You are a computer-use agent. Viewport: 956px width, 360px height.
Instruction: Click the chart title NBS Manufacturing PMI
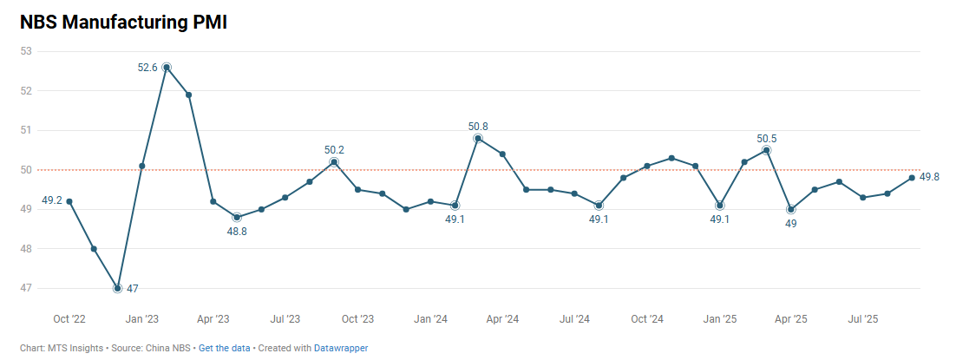(123, 23)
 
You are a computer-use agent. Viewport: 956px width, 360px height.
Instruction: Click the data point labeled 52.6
(167, 67)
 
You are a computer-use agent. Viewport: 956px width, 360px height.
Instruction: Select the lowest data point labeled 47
(117, 288)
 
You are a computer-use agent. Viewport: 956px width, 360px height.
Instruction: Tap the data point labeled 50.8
(478, 138)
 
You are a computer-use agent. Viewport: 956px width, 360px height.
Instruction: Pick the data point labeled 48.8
(237, 217)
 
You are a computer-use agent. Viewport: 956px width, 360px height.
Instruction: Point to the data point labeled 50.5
(767, 150)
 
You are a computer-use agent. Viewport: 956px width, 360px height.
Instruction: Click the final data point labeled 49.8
(912, 178)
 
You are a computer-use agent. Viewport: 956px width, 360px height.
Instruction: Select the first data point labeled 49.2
(69, 201)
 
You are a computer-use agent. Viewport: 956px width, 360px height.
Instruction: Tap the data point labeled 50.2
(334, 161)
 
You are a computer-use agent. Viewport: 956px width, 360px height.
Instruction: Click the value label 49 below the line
(791, 224)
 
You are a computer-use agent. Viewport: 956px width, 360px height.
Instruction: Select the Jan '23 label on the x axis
(141, 319)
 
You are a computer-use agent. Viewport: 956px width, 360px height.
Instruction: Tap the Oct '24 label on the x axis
(646, 319)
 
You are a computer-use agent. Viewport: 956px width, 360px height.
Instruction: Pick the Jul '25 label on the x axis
(863, 319)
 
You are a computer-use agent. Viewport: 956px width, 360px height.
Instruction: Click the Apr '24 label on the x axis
(502, 319)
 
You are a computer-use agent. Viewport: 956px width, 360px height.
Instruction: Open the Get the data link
(224, 348)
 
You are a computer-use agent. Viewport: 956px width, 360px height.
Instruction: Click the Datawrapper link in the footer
(341, 348)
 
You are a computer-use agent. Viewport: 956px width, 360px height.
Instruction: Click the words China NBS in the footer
(170, 348)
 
